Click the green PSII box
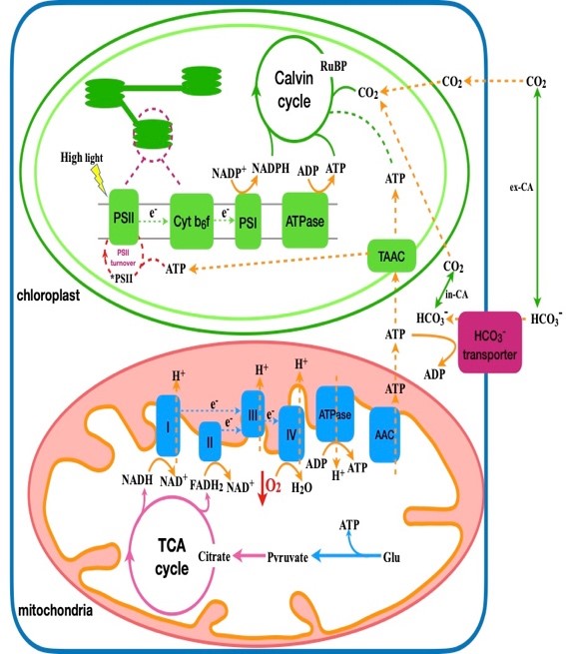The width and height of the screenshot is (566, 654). click(124, 217)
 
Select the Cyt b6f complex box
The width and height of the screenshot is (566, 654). click(192, 221)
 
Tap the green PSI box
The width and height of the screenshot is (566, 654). click(248, 221)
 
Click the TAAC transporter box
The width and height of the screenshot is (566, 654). click(391, 256)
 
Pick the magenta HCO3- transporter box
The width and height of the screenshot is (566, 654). click(490, 341)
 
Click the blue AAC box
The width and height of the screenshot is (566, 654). click(384, 434)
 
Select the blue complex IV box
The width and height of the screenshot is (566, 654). click(291, 433)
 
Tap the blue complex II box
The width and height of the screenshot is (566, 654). click(210, 441)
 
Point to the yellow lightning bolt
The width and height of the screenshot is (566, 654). click(101, 180)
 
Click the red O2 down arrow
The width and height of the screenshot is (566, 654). click(262, 487)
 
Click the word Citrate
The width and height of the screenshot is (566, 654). click(214, 556)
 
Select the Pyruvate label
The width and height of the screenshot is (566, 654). click(287, 557)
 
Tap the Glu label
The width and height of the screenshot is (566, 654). click(391, 557)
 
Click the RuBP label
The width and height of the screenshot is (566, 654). click(333, 66)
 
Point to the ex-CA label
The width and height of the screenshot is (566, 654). click(521, 188)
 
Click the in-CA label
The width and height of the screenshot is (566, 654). click(457, 295)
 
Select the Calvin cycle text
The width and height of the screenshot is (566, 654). click(294, 89)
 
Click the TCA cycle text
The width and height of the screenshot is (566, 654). click(172, 556)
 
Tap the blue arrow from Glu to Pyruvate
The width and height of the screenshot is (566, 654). click(346, 556)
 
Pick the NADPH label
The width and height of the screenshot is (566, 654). click(271, 168)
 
